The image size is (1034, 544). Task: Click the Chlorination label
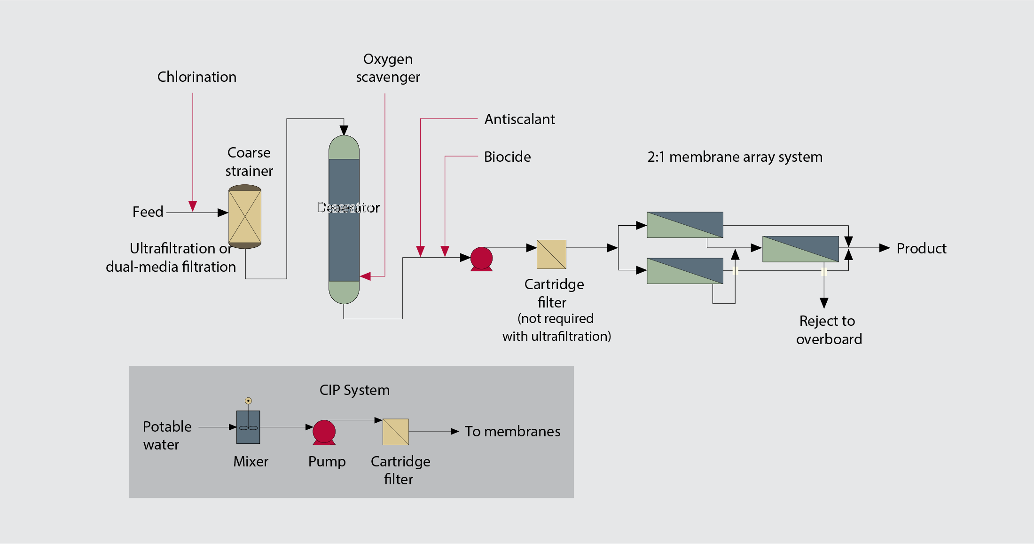coord(196,77)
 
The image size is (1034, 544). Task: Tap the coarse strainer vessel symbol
coord(244,216)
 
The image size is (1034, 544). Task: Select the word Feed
coord(148,212)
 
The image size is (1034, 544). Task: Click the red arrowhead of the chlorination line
coord(193,206)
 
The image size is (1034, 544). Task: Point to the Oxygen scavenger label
coord(388,68)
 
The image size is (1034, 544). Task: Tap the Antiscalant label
coord(519,119)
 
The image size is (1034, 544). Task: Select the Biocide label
coord(507,157)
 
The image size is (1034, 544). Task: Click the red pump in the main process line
coord(481,259)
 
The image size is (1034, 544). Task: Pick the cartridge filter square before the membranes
coord(551,254)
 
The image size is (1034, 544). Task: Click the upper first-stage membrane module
coord(685,225)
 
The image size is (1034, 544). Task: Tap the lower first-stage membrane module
coord(685,271)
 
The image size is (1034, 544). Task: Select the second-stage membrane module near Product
coord(800,249)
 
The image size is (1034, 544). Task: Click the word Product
coord(921,248)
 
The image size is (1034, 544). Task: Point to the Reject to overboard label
coord(829,330)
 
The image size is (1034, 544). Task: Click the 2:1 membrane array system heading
coord(735,157)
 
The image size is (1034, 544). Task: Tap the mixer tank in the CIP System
coord(248,427)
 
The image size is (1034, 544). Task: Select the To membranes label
coord(512,431)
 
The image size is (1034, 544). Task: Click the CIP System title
coord(354,390)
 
